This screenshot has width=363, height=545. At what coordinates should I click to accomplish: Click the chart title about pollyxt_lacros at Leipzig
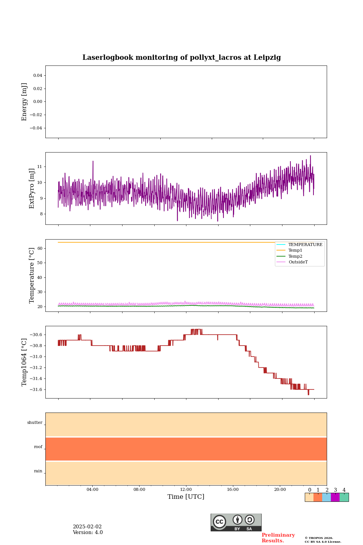click(x=181, y=58)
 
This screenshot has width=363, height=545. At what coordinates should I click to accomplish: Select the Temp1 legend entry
click(x=295, y=251)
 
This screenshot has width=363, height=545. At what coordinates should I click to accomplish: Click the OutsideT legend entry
click(x=298, y=262)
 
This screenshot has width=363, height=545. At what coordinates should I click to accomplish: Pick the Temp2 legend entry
click(x=295, y=257)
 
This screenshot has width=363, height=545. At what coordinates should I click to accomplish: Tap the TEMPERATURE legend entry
click(x=305, y=245)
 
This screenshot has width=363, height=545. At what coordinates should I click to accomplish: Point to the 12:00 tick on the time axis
click(x=186, y=490)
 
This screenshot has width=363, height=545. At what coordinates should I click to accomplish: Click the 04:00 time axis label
click(x=92, y=490)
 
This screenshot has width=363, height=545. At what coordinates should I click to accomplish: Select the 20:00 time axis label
click(x=280, y=490)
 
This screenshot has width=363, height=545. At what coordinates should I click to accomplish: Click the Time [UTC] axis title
click(x=186, y=497)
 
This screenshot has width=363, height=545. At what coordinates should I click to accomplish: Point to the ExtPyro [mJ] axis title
click(x=32, y=188)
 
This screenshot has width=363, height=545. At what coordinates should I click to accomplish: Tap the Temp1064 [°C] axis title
click(x=25, y=362)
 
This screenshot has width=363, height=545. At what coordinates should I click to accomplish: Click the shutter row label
click(x=35, y=423)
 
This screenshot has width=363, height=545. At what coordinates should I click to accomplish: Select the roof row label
click(x=38, y=447)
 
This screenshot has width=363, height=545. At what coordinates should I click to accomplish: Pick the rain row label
click(x=38, y=471)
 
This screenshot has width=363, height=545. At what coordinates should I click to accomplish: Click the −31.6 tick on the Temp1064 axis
click(x=36, y=390)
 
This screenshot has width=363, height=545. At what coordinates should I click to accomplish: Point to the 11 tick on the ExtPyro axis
click(x=40, y=167)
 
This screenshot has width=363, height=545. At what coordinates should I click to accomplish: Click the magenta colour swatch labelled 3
click(x=335, y=497)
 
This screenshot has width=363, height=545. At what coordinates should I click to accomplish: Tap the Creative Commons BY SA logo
click(x=236, y=522)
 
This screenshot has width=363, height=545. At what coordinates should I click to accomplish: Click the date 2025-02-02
click(x=87, y=527)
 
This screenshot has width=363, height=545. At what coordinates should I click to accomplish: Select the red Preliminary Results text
click(x=278, y=538)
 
